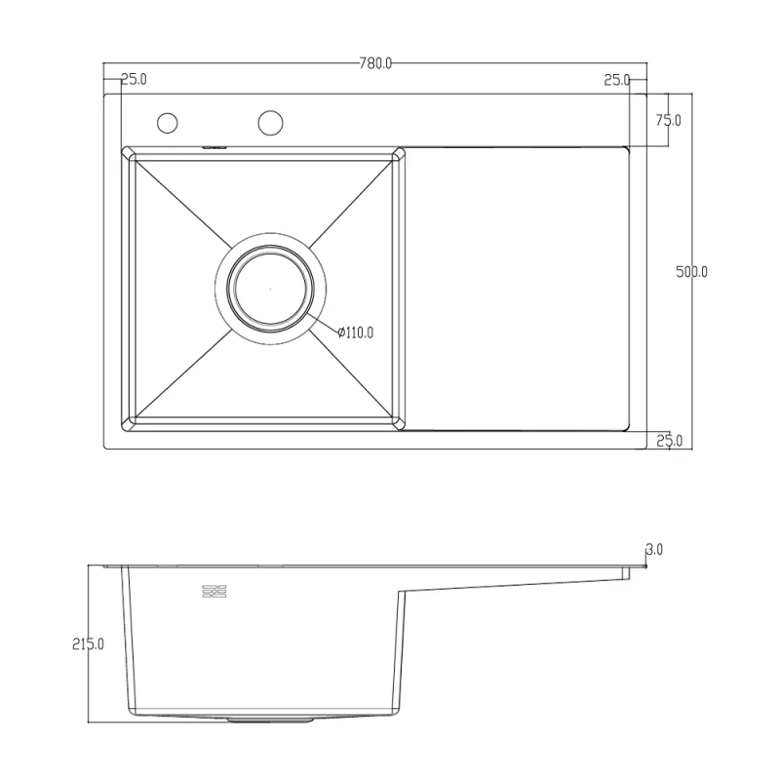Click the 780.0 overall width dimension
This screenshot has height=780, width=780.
[375, 64]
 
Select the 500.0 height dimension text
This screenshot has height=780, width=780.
[691, 272]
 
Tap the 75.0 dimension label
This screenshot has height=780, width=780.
[668, 120]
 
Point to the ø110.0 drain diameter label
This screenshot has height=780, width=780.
[356, 332]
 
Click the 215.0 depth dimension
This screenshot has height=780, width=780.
[89, 643]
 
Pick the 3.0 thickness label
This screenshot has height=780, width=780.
[654, 550]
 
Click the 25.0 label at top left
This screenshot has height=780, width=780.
[134, 79]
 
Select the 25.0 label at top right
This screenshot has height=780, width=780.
[616, 79]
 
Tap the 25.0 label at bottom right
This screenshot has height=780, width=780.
[668, 441]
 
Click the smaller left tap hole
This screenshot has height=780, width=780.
[168, 123]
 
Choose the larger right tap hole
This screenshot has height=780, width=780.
[270, 122]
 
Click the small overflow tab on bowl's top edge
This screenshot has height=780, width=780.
[214, 147]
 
